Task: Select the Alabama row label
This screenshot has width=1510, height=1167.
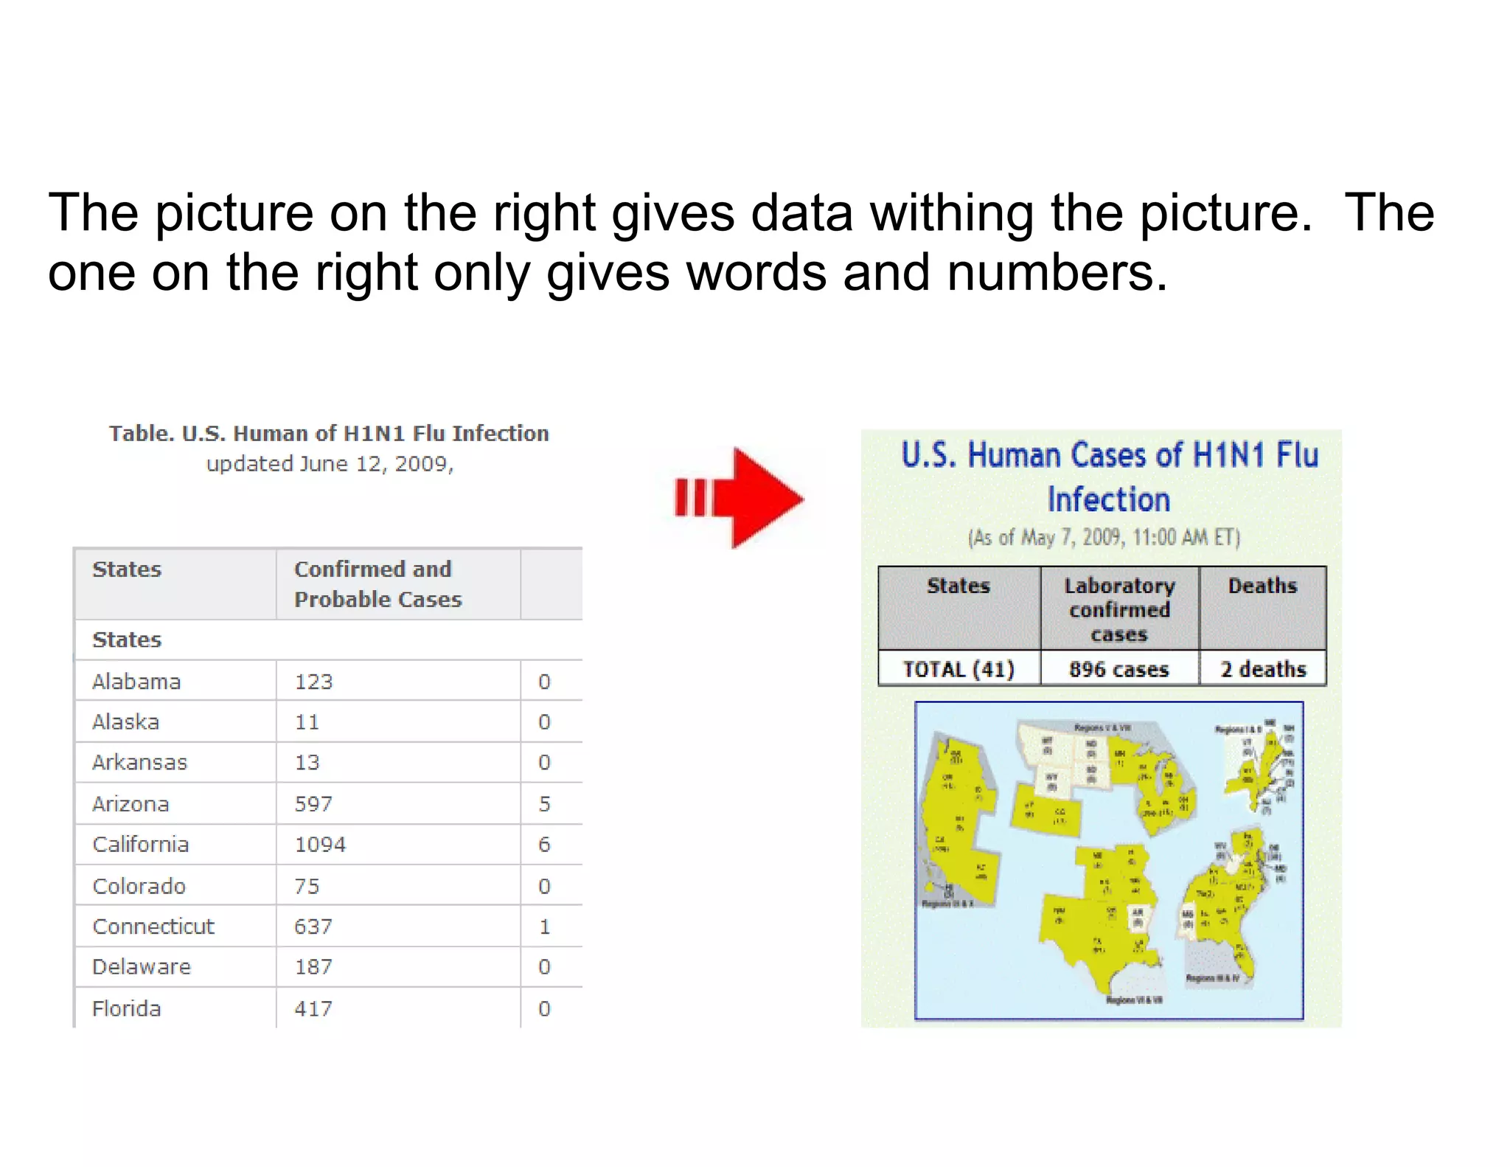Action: pos(136,681)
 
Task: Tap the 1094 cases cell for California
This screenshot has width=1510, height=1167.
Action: pos(320,844)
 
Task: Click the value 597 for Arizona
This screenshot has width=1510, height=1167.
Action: pos(313,803)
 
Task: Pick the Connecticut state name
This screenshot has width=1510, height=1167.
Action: pos(153,926)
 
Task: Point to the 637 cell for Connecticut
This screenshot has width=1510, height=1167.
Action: pos(313,926)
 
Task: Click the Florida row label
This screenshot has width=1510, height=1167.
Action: pos(127,1008)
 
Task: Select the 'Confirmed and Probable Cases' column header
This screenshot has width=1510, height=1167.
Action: pos(377,583)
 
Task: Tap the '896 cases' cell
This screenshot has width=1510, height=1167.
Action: pos(1118,669)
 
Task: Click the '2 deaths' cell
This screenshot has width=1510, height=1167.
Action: pos(1262,669)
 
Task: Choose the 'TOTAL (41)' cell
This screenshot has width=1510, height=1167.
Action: pos(958,669)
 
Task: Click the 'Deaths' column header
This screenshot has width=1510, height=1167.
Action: pos(1262,586)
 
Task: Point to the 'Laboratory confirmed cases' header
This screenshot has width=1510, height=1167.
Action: pos(1118,609)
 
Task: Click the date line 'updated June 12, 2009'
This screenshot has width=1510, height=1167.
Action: pos(330,464)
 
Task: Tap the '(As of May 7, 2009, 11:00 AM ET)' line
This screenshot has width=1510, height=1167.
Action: pos(1104,537)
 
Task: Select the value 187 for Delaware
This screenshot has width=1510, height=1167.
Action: pos(313,966)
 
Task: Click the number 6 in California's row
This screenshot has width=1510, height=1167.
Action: pos(544,844)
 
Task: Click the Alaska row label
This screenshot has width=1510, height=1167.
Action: pos(126,721)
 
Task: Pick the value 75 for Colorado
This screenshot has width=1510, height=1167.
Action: pos(307,885)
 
